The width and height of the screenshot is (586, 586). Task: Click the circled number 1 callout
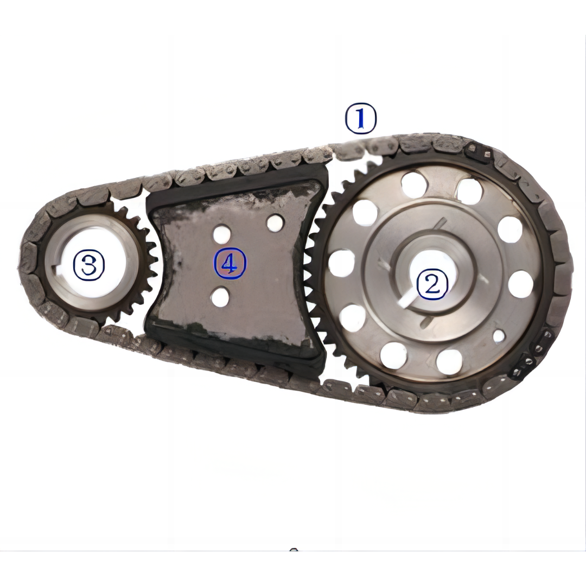click(361, 119)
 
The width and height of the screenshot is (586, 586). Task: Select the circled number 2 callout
click(432, 284)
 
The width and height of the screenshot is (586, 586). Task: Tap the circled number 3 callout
click(88, 265)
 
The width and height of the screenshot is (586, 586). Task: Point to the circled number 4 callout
click(230, 264)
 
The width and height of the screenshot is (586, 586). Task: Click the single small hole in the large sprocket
click(499, 336)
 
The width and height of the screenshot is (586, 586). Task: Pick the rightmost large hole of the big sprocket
click(520, 284)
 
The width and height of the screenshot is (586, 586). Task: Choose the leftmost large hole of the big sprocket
click(341, 263)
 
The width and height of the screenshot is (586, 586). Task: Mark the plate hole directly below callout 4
click(220, 297)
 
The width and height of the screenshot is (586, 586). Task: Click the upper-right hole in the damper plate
click(275, 222)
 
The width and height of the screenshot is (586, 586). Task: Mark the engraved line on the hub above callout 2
click(440, 224)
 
